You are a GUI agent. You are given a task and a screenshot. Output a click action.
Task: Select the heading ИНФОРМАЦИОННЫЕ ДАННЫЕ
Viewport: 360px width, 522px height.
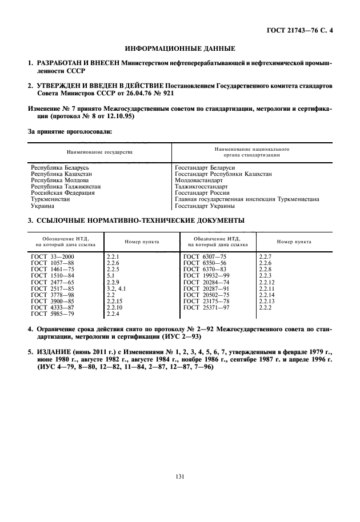point(180,49)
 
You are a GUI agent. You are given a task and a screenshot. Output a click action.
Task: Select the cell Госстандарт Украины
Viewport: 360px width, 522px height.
point(205,206)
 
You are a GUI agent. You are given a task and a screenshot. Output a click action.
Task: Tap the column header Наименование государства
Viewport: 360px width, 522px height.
point(99,153)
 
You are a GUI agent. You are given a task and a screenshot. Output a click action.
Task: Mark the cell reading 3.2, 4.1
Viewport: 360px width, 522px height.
point(116,288)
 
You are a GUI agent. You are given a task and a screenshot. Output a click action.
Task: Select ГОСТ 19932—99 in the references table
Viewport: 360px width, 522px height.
point(205,275)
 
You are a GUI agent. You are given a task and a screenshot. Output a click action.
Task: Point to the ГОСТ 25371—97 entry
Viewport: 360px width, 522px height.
point(205,308)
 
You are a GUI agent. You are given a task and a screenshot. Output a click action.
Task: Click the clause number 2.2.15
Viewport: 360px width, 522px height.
point(115,301)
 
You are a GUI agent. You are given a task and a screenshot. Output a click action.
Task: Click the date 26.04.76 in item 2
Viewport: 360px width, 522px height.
point(132,93)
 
